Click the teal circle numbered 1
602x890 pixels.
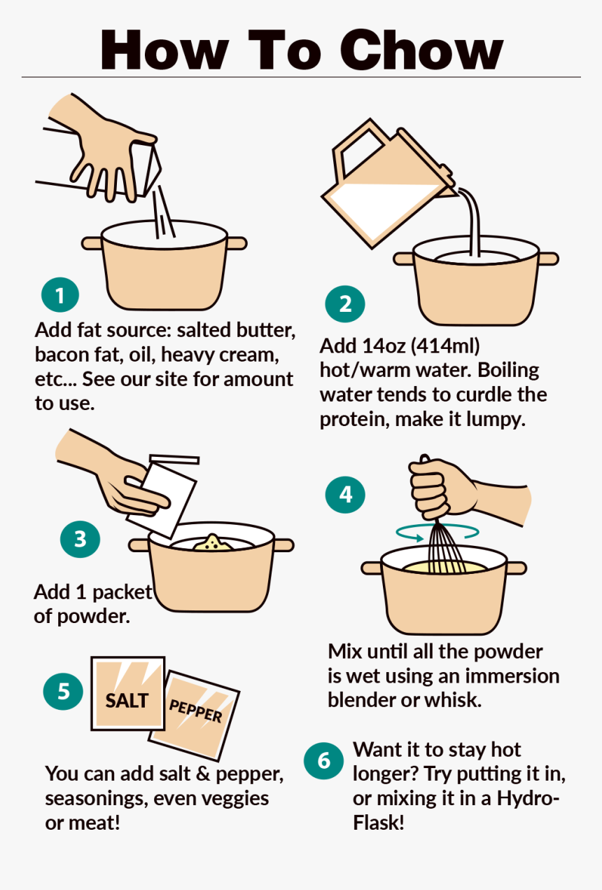[x=60, y=295]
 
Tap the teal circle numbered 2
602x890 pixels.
[x=345, y=304]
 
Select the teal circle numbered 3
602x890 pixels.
[x=80, y=539]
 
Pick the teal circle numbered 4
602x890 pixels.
[x=345, y=495]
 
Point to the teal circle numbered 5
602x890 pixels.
[x=63, y=692]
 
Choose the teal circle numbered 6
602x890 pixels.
[x=324, y=760]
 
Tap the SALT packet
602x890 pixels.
[x=128, y=693]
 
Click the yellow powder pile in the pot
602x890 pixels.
[x=213, y=543]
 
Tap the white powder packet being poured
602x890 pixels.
[x=162, y=500]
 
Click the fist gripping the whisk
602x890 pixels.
[x=440, y=487]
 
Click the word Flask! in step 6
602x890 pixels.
[x=379, y=823]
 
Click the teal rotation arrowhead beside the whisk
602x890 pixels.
[x=417, y=538]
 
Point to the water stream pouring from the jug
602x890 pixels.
[x=472, y=223]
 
